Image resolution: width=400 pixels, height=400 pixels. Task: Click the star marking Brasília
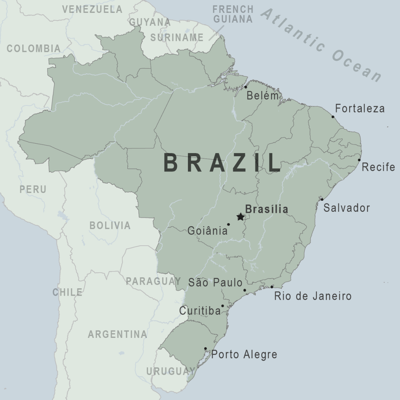tap(240, 217)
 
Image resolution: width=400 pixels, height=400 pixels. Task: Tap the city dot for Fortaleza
tap(333, 116)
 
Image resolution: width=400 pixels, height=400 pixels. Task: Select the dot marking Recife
tap(359, 160)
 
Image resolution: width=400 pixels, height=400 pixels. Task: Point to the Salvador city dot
tap(322, 200)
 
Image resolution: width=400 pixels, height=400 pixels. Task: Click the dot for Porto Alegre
tap(205, 348)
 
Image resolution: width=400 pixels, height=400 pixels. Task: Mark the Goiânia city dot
tap(229, 225)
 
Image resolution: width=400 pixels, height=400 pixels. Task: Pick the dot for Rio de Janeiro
tap(272, 287)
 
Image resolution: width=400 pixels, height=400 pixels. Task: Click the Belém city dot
tap(246, 87)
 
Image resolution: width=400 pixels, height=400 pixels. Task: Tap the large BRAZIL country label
tap(222, 163)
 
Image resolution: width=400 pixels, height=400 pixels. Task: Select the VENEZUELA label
tap(92, 9)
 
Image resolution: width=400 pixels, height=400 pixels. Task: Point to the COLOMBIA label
tap(34, 48)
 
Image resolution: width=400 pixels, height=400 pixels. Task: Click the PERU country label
tap(33, 189)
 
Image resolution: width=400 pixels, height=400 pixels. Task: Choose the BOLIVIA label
tap(110, 225)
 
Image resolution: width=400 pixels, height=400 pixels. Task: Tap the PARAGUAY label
tap(153, 281)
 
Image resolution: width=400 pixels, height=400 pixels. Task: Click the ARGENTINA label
tap(117, 334)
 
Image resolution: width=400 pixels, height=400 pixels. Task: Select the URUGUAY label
tap(170, 371)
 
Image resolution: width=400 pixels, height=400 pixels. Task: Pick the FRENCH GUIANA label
tap(233, 14)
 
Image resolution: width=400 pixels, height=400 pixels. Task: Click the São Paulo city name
tap(215, 282)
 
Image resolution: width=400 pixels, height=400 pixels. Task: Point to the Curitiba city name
tap(200, 311)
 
